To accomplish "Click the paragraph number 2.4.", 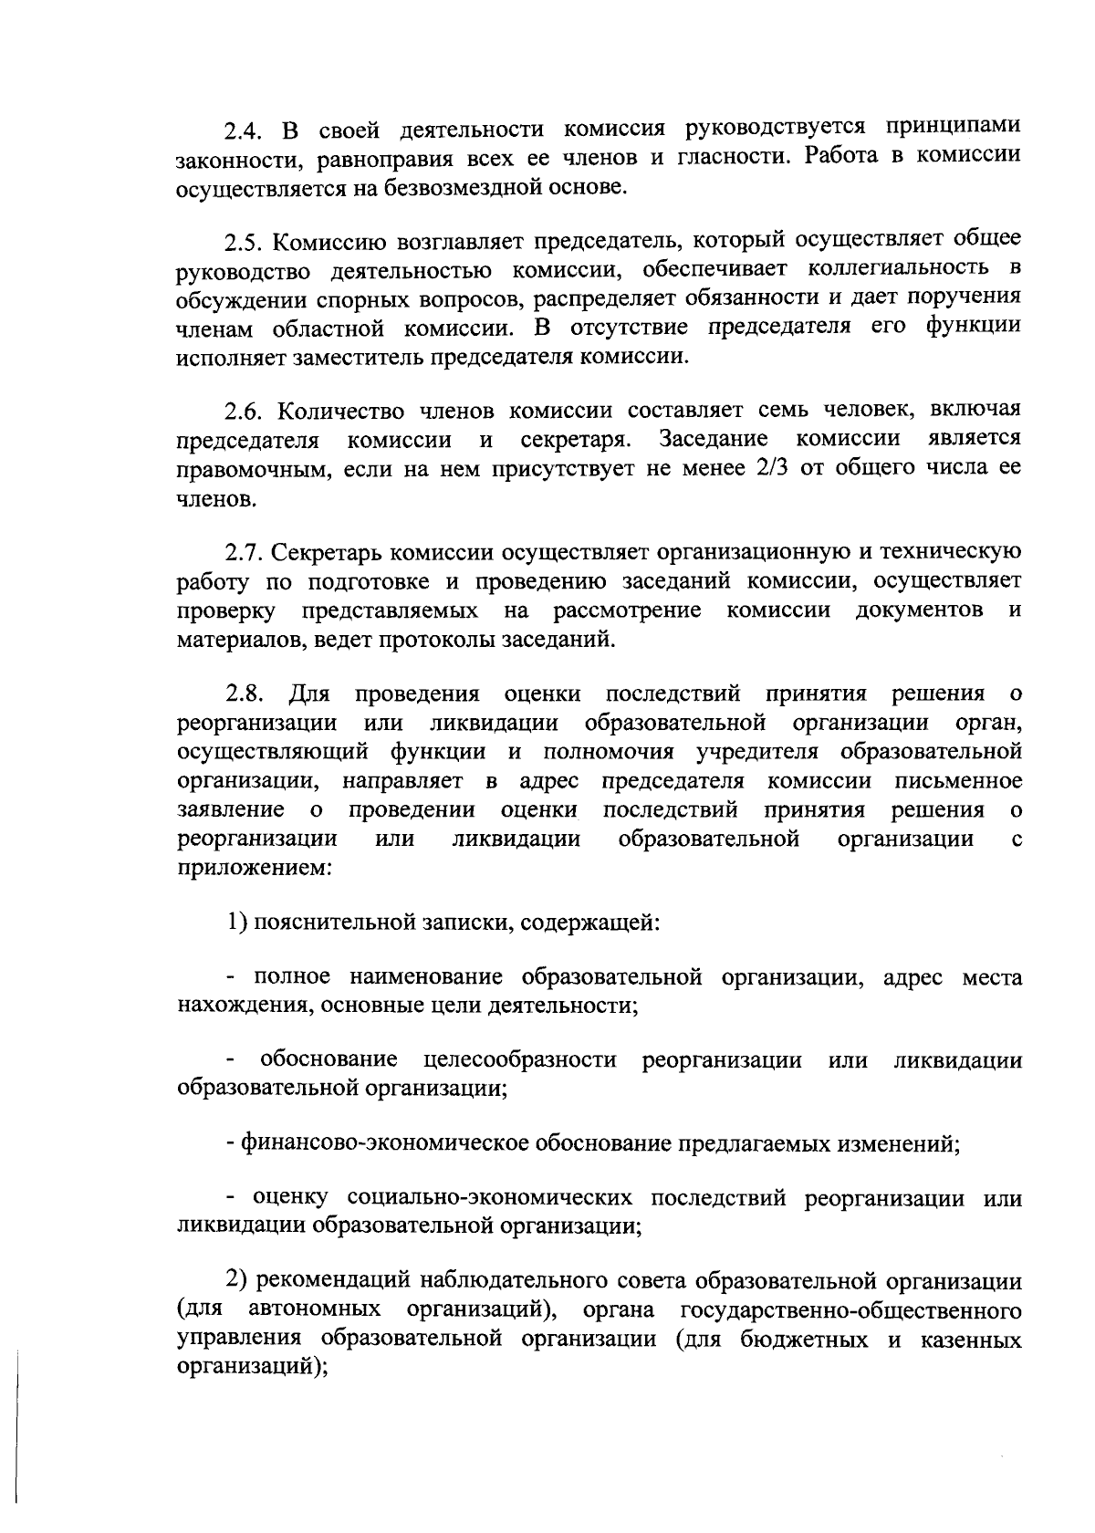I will point(243,129).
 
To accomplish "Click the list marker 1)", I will point(237,923).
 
